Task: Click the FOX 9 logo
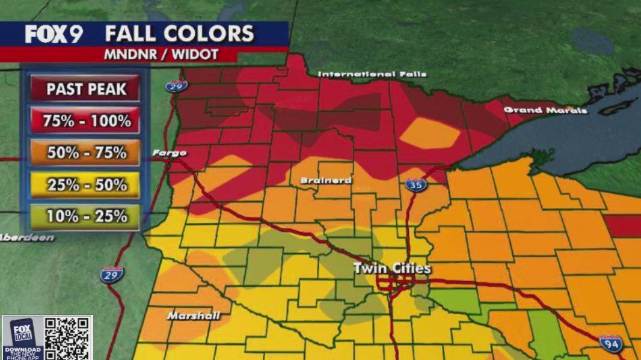[54, 34]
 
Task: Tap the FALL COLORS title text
[180, 34]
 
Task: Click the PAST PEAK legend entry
[87, 90]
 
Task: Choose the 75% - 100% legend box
[87, 121]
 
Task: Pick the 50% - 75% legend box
[87, 153]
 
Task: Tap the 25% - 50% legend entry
[87, 185]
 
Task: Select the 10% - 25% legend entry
[87, 216]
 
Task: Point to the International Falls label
[372, 74]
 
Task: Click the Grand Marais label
[545, 110]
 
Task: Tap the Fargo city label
[169, 153]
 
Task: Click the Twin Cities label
[392, 268]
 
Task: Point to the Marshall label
[194, 316]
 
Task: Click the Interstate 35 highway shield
[416, 185]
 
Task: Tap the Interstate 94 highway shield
[610, 344]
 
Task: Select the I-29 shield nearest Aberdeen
[112, 274]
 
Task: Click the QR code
[68, 338]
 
